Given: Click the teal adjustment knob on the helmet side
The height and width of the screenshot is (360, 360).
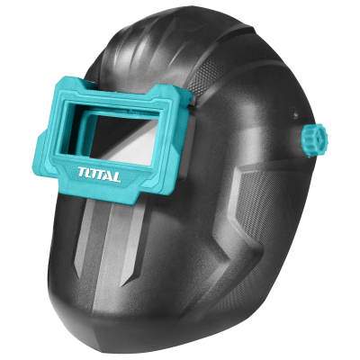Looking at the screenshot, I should pyautogui.click(x=315, y=139).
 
